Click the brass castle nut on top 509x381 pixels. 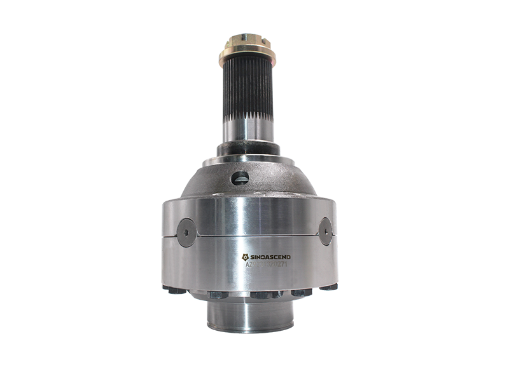click(245, 44)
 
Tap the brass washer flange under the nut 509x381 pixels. click(245, 58)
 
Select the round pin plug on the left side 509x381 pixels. click(186, 230)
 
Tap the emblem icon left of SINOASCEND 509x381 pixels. click(246, 257)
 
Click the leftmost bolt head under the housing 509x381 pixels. click(171, 290)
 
